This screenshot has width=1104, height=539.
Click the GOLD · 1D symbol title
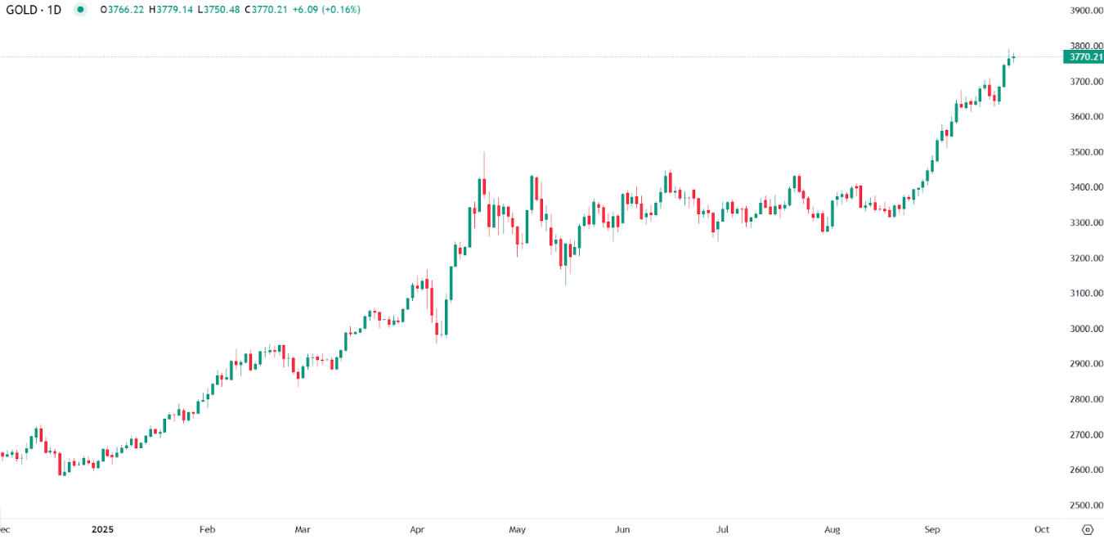pos(34,10)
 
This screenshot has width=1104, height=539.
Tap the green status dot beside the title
pos(80,10)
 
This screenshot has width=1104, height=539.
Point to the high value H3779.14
pos(175,10)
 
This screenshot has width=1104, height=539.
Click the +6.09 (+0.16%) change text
pos(325,10)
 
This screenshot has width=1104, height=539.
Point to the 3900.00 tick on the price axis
pos(1085,11)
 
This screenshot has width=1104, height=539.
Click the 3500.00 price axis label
pos(1085,152)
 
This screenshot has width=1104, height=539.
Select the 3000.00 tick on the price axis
pos(1085,329)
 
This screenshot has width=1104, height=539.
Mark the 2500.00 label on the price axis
pos(1085,505)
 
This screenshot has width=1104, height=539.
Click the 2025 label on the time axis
pos(102,529)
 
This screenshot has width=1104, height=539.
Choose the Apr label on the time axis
pos(418,529)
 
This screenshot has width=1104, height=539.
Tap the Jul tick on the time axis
pos(723,529)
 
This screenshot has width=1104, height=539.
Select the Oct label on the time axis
pos(1041,529)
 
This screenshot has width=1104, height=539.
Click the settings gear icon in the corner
pos(1087,529)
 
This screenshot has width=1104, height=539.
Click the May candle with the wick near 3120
pos(566,266)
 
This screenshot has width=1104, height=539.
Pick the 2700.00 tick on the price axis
pos(1085,434)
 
